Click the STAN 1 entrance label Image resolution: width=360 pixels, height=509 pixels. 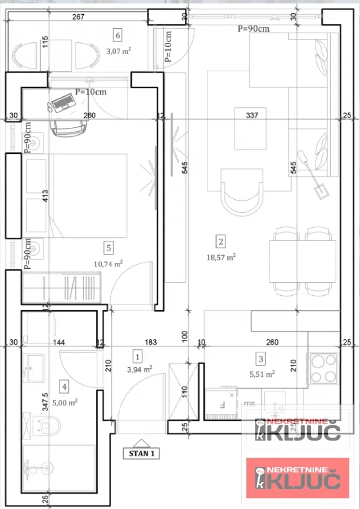click(x=141, y=453)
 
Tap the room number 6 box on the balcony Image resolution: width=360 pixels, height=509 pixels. click(x=118, y=35)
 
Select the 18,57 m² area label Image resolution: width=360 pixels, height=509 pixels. click(x=221, y=256)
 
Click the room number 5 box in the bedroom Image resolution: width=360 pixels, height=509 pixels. click(x=109, y=247)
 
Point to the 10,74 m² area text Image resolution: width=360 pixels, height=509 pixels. click(x=108, y=263)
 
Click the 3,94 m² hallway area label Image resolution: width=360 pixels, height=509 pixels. click(x=138, y=370)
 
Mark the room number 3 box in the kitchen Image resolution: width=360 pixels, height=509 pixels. click(x=261, y=358)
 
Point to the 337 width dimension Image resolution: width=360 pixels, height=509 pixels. click(x=252, y=115)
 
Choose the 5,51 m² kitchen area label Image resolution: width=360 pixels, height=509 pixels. click(x=263, y=373)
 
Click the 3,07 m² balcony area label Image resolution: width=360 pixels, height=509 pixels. click(x=119, y=50)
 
